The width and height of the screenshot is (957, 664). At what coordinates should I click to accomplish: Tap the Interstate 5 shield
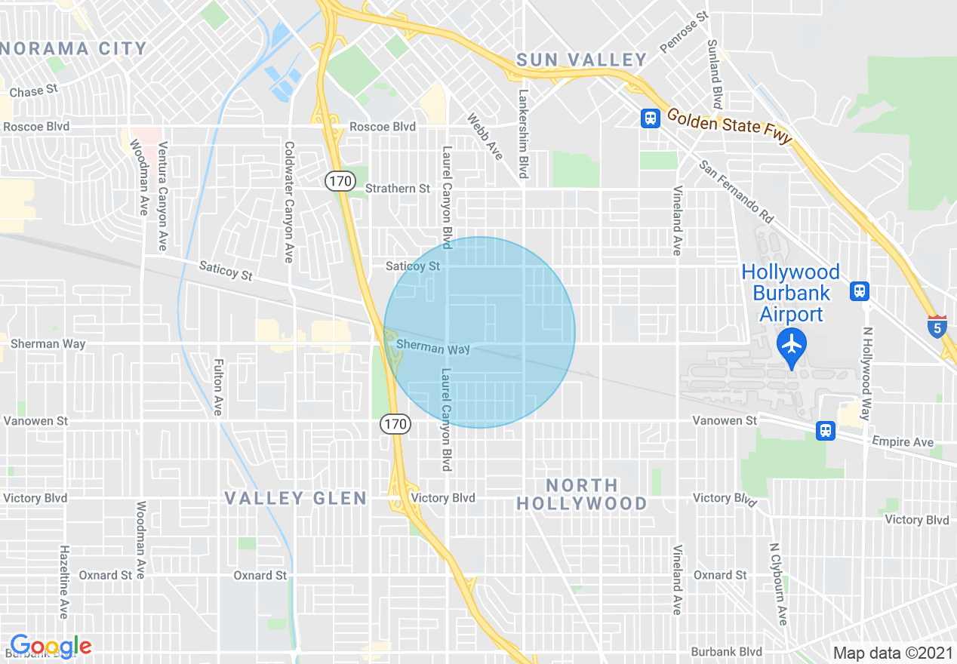pos(937,326)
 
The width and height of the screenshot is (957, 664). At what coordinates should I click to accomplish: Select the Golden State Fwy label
pos(729,126)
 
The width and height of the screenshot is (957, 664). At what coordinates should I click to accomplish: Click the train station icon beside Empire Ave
pos(825,430)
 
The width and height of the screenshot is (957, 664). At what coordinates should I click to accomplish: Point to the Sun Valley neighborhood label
pos(582,60)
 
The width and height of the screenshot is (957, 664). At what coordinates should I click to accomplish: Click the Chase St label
pos(33,91)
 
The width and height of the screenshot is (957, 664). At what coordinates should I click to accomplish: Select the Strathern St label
pos(397,188)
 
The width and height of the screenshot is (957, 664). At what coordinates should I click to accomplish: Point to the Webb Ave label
pos(485,137)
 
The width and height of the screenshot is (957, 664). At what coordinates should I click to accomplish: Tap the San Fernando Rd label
pos(736,192)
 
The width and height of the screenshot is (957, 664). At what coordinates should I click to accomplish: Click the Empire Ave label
pos(902,441)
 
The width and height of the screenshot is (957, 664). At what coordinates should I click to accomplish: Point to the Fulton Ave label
pos(218,386)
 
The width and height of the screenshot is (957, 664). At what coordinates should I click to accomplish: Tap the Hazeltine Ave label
pos(65,582)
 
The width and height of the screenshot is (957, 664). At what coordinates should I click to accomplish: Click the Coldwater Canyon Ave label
pos(288,201)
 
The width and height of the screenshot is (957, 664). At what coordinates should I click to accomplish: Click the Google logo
pos(51,646)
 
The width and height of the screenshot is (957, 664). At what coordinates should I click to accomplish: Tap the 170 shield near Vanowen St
pos(395,425)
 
